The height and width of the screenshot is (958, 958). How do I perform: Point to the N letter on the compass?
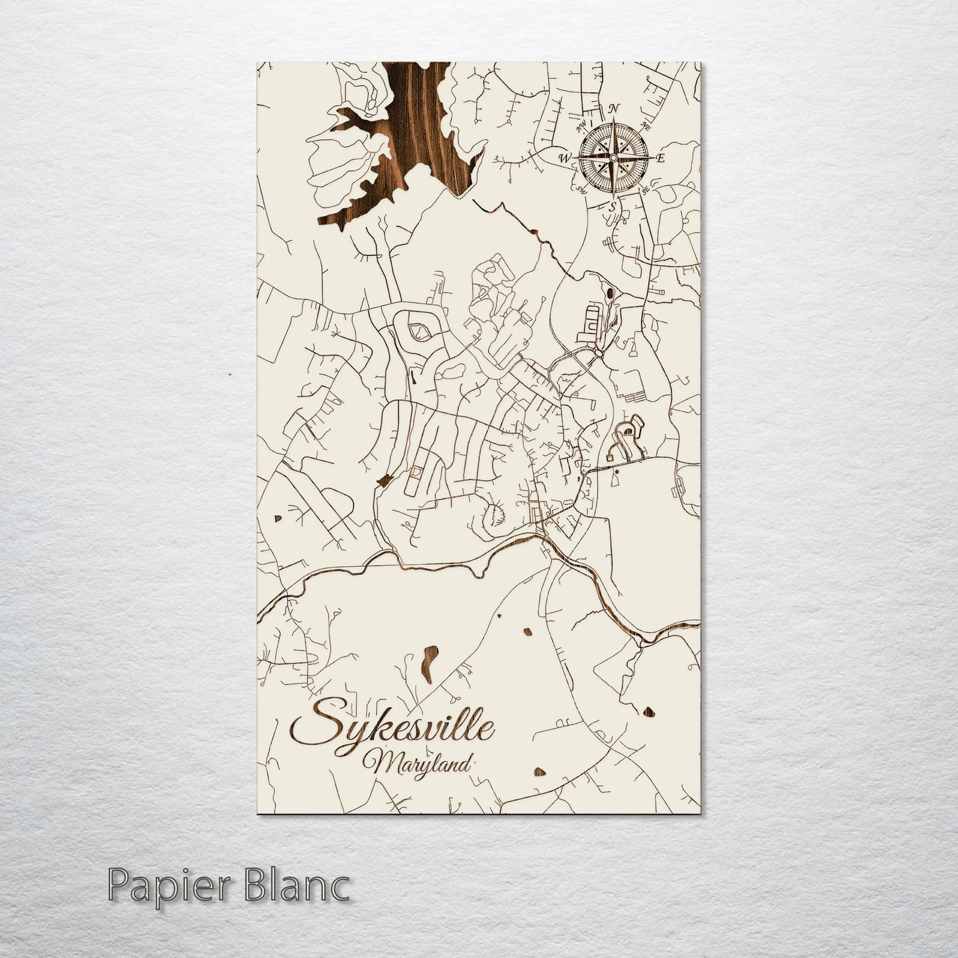[615, 108]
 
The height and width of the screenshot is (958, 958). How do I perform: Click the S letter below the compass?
[613, 207]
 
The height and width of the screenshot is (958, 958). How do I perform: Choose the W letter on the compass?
[565, 158]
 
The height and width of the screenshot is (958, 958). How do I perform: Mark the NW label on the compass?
[583, 124]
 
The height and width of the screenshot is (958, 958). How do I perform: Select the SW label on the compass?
[583, 190]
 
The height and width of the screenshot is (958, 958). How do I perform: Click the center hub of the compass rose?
[613, 157]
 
